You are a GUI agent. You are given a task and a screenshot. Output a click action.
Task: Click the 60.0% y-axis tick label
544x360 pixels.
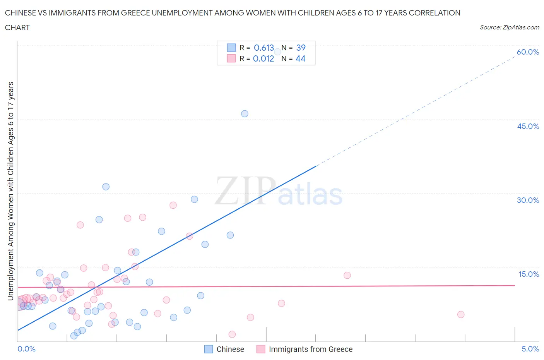point(528,52)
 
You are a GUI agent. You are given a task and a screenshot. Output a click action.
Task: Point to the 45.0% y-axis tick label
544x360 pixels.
point(528,126)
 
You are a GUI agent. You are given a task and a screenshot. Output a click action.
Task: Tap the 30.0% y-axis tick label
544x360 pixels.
point(528,200)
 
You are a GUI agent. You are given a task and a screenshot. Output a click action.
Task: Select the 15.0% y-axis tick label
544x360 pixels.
point(529,274)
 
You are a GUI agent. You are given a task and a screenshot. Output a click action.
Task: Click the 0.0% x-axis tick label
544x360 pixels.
point(26,349)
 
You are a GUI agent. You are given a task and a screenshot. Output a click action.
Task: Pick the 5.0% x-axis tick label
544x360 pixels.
point(530,349)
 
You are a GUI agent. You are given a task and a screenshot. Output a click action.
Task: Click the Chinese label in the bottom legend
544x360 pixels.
point(230,349)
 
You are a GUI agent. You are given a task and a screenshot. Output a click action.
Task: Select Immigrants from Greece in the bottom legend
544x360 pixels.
point(310,349)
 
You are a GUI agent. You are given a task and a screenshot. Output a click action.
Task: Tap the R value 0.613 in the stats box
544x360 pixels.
point(264,48)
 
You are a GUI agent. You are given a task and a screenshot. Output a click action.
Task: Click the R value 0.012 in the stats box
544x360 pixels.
point(263,58)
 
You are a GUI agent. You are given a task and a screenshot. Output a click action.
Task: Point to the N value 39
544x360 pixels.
point(301,48)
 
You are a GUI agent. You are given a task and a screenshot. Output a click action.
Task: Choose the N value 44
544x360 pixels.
point(300,58)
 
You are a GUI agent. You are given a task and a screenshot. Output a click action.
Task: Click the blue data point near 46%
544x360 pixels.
point(245,114)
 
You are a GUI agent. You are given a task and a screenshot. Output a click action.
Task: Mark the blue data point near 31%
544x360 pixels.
point(106,187)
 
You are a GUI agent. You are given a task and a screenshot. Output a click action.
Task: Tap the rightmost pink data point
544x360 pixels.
point(460,314)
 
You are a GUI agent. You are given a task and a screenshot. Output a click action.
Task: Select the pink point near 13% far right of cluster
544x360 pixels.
point(347,275)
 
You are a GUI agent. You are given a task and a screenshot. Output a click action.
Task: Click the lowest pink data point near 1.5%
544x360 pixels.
point(232,334)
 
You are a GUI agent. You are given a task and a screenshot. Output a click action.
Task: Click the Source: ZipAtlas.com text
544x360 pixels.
point(509,27)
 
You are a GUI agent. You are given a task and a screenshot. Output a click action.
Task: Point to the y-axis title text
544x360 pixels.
point(10,191)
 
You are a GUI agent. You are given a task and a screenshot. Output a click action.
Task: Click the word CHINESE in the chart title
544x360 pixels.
point(23,13)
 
